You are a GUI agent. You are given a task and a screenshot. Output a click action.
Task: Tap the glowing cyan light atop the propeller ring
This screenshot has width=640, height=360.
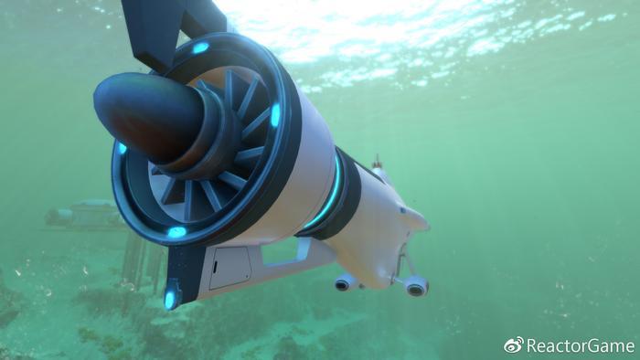200,48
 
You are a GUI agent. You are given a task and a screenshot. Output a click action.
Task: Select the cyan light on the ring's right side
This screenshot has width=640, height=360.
275,115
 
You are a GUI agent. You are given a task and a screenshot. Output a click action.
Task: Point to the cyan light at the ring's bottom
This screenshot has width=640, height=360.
176,232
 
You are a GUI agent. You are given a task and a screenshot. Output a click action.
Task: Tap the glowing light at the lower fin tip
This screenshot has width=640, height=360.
170,298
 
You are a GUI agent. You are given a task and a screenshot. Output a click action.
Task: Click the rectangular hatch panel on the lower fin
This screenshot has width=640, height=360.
229,268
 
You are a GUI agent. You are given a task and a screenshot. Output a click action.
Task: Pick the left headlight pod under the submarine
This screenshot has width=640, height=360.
345,282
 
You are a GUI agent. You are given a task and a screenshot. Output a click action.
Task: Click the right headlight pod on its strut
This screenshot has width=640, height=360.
416,288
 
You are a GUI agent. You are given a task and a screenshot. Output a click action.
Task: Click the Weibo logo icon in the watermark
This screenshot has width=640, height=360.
514,344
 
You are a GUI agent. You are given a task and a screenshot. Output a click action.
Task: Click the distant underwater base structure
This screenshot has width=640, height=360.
87,216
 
